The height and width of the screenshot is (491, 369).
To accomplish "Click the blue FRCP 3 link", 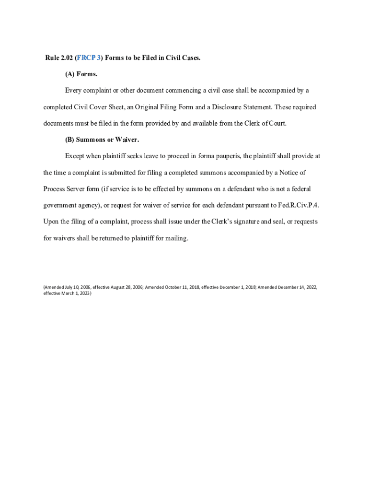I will [x=89, y=58].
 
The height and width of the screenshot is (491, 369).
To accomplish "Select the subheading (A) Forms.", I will [x=81, y=74].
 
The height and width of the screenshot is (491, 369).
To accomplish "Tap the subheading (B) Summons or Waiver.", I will [x=102, y=140].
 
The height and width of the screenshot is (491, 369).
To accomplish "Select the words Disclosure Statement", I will [x=242, y=107].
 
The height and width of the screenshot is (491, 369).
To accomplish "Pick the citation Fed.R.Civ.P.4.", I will [x=298, y=205].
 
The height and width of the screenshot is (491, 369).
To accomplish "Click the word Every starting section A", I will [x=73, y=91].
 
